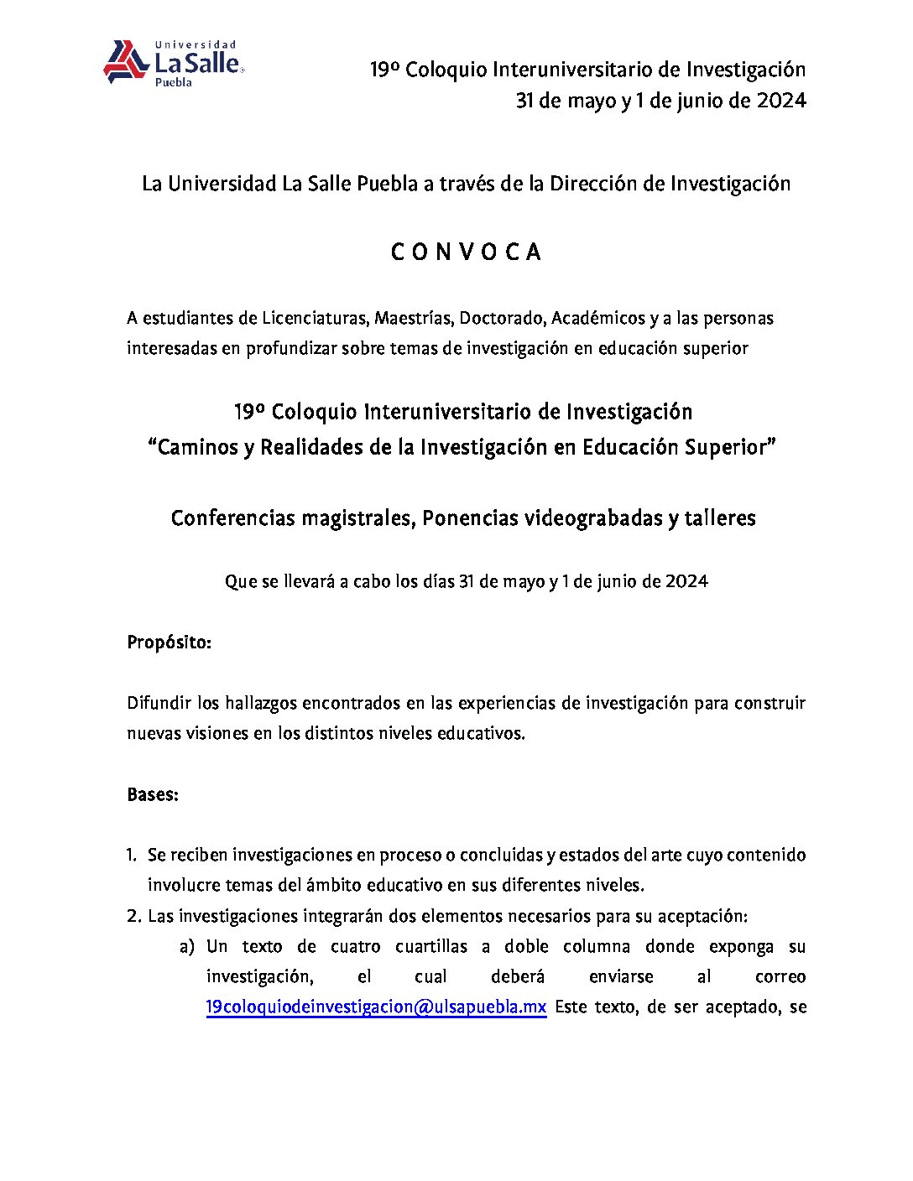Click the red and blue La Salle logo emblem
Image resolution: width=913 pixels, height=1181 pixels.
pyautogui.click(x=126, y=62)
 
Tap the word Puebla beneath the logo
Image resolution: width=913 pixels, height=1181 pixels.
pyautogui.click(x=174, y=83)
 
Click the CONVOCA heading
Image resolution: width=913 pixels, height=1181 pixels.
pyautogui.click(x=466, y=252)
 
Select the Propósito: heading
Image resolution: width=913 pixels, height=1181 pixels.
pyautogui.click(x=169, y=643)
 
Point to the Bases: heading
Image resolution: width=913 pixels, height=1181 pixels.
pyautogui.click(x=153, y=794)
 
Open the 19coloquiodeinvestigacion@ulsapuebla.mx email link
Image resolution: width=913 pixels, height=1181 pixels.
pyautogui.click(x=376, y=1007)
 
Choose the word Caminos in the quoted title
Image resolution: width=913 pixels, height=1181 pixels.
pyautogui.click(x=197, y=447)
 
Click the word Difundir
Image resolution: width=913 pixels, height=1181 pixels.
pyautogui.click(x=158, y=703)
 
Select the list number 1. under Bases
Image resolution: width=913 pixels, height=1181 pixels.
pyautogui.click(x=132, y=855)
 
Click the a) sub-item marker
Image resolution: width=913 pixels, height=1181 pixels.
pyautogui.click(x=187, y=946)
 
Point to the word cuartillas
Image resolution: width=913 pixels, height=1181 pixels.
pyautogui.click(x=431, y=946)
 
